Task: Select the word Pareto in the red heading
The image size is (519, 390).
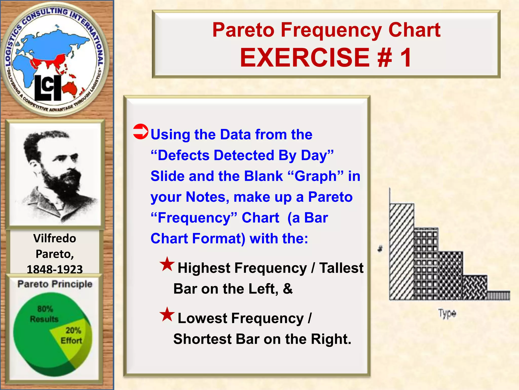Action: tap(243, 30)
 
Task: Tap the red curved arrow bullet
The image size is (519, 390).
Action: tap(141, 132)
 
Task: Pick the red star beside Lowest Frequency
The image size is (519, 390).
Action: tap(167, 314)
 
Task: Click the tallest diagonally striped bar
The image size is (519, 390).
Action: tap(402, 251)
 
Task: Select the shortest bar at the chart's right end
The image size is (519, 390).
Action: tap(498, 296)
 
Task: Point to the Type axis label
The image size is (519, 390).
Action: tap(447, 314)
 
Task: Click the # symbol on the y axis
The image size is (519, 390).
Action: tap(380, 249)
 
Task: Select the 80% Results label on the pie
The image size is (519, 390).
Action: tap(44, 314)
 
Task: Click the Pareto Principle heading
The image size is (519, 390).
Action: tap(55, 284)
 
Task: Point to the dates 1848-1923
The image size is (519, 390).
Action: tap(55, 269)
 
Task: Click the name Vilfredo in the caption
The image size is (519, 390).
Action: tap(55, 238)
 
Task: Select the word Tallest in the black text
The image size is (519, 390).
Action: tap(341, 268)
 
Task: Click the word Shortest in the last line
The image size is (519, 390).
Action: tap(202, 339)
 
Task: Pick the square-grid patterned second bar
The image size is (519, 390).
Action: tap(426, 264)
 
